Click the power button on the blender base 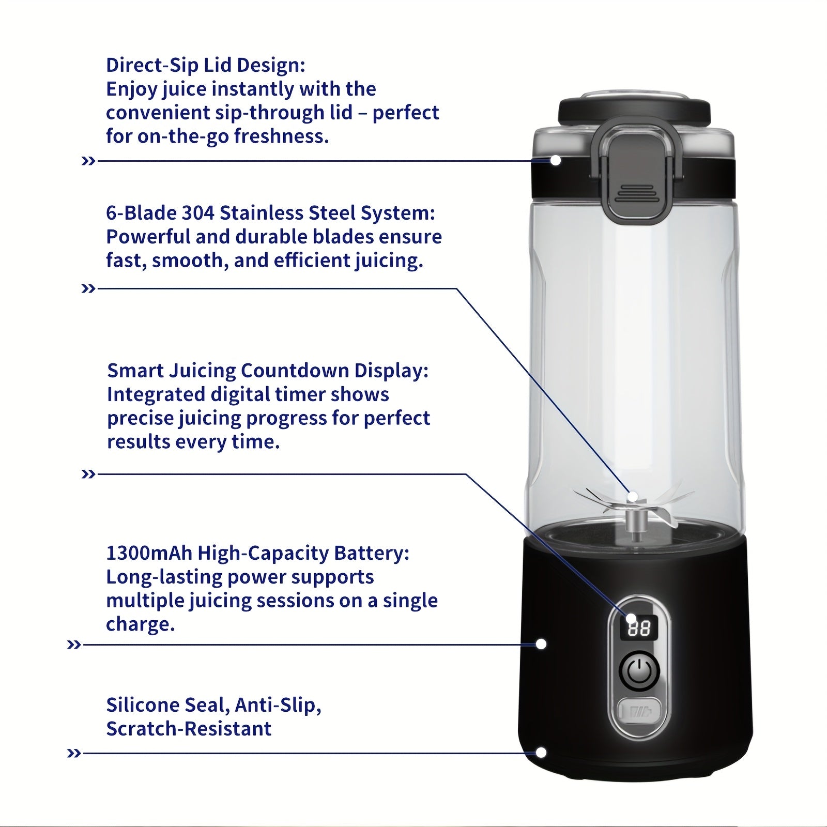pyautogui.click(x=639, y=671)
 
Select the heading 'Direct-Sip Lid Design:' pyautogui.click(x=206, y=66)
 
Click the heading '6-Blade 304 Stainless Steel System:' pyautogui.click(x=271, y=213)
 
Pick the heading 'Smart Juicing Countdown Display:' pyautogui.click(x=268, y=371)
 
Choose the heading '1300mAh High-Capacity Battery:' pyautogui.click(x=257, y=554)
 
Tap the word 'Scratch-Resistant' pyautogui.click(x=189, y=729)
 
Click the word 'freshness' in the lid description pyautogui.click(x=281, y=136)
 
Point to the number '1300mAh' pyautogui.click(x=149, y=554)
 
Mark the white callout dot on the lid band pyautogui.click(x=556, y=161)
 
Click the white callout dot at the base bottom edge pyautogui.click(x=541, y=753)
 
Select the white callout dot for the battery pyautogui.click(x=541, y=644)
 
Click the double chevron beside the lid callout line pyautogui.click(x=88, y=161)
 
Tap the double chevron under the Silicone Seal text pyautogui.click(x=74, y=754)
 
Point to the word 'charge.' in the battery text pyautogui.click(x=141, y=625)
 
